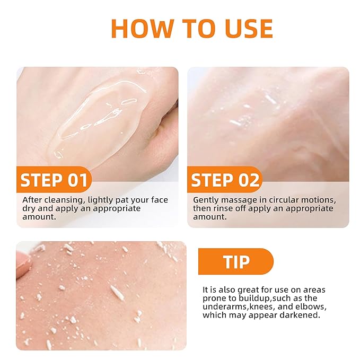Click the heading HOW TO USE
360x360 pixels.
[x=191, y=29]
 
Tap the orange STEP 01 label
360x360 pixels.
[x=54, y=180]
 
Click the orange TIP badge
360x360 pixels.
[x=236, y=262]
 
